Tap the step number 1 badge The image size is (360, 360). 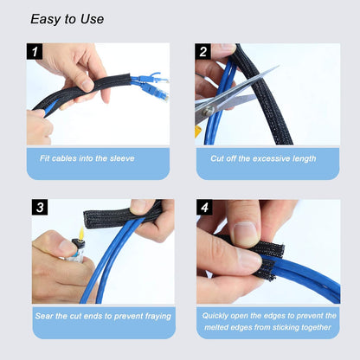[35, 52]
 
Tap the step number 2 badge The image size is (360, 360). [204, 52]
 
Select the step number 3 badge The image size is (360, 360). [40, 208]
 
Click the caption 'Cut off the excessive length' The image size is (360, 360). [267, 158]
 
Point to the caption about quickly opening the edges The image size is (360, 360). [267, 321]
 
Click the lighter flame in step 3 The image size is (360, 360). [83, 234]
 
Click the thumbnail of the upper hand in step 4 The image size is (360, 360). [245, 233]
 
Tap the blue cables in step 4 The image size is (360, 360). [303, 281]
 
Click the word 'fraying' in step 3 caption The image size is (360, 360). [153, 316]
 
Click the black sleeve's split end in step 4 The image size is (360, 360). [270, 260]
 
